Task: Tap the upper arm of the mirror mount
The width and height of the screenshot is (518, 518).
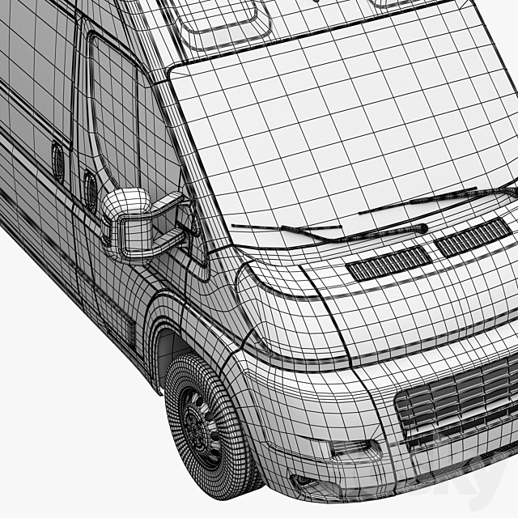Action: [168, 203]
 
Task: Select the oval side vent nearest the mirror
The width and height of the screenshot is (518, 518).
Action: [91, 189]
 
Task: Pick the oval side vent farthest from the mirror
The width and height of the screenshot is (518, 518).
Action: [58, 162]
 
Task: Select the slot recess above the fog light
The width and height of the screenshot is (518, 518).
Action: [352, 448]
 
